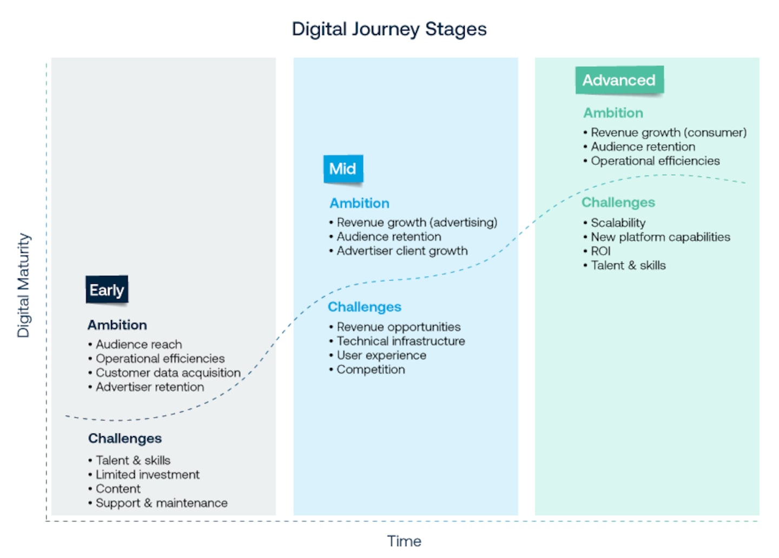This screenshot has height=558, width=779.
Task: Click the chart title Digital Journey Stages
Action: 389,29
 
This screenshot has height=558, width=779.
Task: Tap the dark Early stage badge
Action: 107,290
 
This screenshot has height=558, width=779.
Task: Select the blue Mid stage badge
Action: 343,169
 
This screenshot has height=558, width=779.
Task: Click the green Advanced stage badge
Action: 619,80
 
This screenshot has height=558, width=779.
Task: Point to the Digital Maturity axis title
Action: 24,286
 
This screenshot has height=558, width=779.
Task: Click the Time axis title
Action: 404,541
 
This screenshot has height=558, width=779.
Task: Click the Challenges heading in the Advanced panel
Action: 618,203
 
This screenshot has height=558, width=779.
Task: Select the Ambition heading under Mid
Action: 360,203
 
